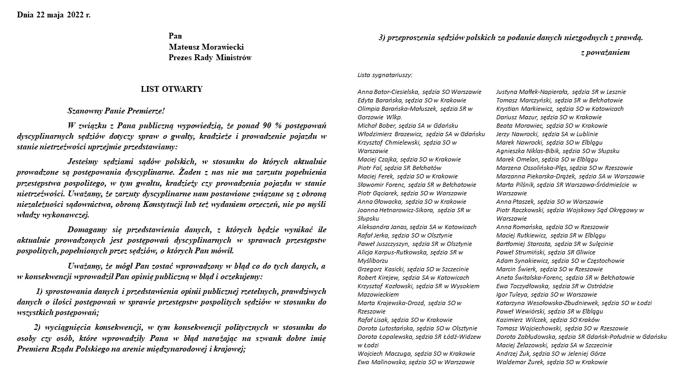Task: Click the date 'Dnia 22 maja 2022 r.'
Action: tap(54, 15)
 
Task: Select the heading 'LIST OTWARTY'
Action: tap(171, 90)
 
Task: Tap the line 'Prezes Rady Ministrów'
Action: tap(210, 58)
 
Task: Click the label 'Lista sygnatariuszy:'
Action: tap(385, 75)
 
